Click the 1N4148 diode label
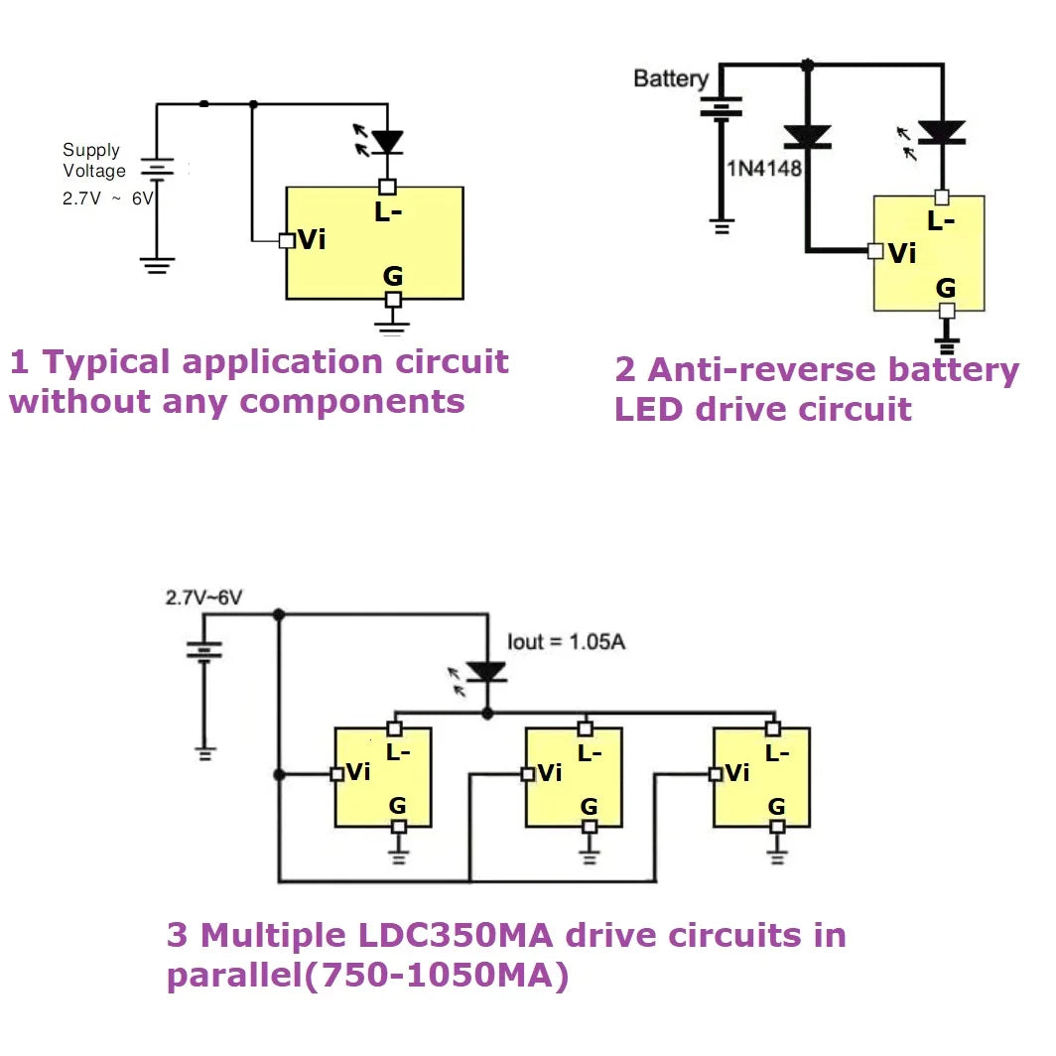(763, 168)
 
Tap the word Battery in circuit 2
(671, 78)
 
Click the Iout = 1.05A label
(566, 641)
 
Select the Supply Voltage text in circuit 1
(94, 161)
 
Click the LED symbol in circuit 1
(386, 142)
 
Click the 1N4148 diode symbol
(807, 137)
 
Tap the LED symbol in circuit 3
(486, 672)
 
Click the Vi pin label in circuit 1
(312, 240)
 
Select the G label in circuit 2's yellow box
(946, 288)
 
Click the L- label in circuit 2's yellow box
(940, 222)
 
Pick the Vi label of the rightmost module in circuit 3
(737, 773)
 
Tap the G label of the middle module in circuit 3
(589, 806)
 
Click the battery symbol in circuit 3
(204, 651)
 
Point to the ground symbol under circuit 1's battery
(157, 265)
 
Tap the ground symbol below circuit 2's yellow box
(947, 346)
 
